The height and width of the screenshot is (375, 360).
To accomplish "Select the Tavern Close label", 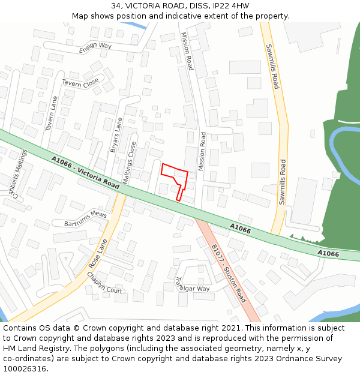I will coord(80,83).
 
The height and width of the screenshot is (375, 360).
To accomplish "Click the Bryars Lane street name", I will coord(116,136).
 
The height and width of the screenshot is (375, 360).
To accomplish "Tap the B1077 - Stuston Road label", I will coord(228,273).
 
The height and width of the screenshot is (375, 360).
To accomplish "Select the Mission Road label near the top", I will coord(187,51).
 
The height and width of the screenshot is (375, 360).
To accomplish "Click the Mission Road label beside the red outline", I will coord(202,151).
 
